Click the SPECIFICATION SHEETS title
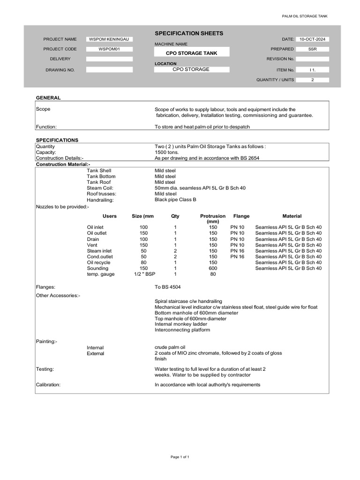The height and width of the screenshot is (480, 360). pos(182,33)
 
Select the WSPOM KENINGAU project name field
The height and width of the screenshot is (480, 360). pos(110,39)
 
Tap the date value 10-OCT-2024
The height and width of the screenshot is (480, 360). pos(312,39)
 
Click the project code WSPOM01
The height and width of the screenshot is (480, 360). pos(110,49)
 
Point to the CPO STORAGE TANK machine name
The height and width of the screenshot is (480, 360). pos(192,53)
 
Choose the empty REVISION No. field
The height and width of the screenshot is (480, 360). pos(312,59)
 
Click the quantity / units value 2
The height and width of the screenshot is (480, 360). pos(312,80)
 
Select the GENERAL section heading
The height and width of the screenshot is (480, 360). pos(48,98)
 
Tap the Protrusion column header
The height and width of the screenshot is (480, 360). pos(213,217)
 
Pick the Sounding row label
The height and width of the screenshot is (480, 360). pos(97,268)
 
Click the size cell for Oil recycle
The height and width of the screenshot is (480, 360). pos(143,262)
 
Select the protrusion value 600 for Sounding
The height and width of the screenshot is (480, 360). pos(213,268)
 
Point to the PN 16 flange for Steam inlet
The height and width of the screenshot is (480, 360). pos(237,251)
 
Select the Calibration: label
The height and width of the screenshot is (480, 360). pos(48,385)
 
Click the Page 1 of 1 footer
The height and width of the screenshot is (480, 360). pos(180,457)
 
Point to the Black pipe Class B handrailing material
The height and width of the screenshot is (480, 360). pos(175,200)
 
